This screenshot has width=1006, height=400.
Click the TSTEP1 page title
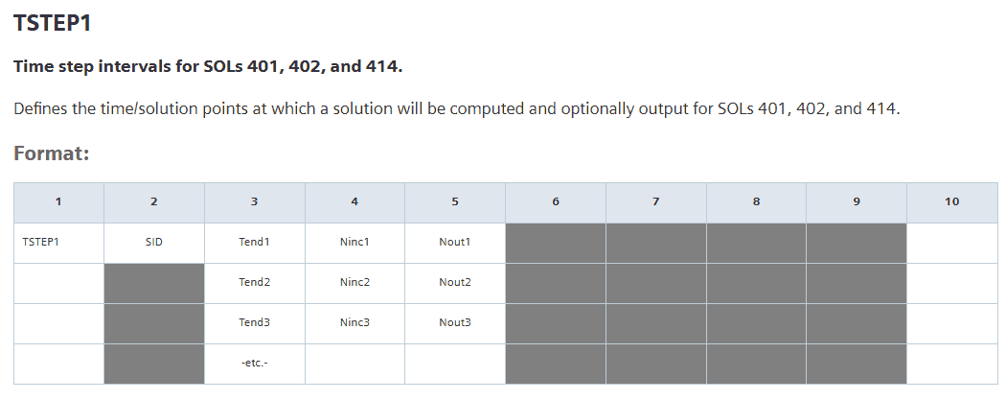click(x=53, y=23)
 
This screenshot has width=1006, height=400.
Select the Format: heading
click(x=52, y=154)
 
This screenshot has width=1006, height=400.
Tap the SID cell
click(x=154, y=242)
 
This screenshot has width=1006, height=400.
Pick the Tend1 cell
click(x=255, y=242)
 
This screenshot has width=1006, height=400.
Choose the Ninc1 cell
click(x=354, y=242)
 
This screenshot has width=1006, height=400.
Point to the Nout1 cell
click(x=455, y=242)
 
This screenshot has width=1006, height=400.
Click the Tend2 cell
click(x=255, y=283)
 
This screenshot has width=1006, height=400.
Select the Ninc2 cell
click(x=354, y=283)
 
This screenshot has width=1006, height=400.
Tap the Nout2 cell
click(x=455, y=283)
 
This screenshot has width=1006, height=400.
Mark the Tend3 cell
click(x=255, y=322)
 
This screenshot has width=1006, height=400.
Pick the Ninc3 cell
click(x=354, y=322)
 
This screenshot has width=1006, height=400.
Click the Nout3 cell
click(x=455, y=322)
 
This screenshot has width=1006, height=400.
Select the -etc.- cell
click(x=255, y=363)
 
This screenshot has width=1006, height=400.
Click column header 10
click(x=952, y=201)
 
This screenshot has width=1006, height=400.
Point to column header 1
click(x=58, y=201)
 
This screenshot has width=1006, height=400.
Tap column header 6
click(x=556, y=201)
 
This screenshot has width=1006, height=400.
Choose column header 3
click(x=255, y=201)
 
